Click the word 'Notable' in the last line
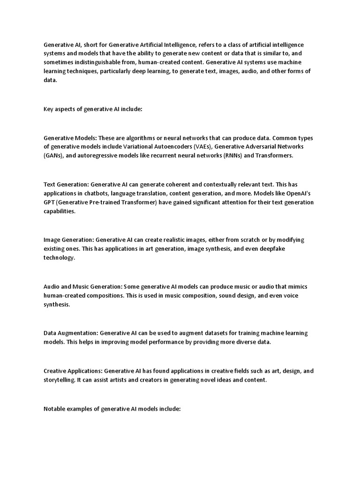(54, 409)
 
